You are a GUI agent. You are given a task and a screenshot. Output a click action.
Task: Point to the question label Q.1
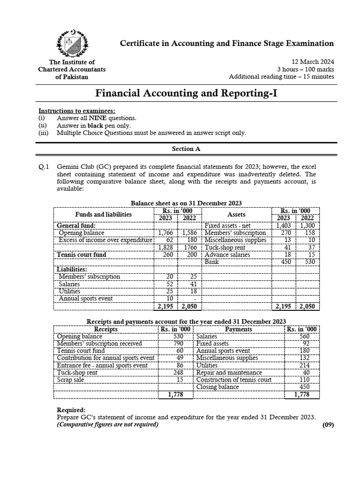click(44, 166)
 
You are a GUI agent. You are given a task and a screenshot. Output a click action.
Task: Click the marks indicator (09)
click(328, 425)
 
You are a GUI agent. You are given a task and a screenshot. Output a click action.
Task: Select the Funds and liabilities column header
click(104, 214)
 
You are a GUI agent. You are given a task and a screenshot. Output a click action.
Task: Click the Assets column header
click(236, 214)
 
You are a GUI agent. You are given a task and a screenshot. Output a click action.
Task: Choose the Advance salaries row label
click(227, 255)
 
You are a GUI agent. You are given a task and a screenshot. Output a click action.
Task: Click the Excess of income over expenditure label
click(105, 240)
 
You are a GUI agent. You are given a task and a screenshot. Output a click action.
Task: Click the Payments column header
click(239, 329)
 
